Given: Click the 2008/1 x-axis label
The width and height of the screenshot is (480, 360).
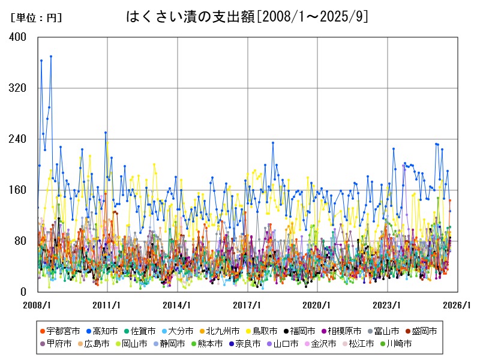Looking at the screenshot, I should click(37, 305).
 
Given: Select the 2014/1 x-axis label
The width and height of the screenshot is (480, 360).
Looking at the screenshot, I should click(178, 305).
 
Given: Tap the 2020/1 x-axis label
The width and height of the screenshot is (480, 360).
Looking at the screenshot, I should click(318, 305).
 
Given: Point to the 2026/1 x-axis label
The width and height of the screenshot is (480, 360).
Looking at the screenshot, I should click(458, 305).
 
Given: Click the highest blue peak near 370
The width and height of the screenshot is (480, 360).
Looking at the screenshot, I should click(51, 56).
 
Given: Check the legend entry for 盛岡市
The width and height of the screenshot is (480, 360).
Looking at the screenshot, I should click(421, 331).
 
